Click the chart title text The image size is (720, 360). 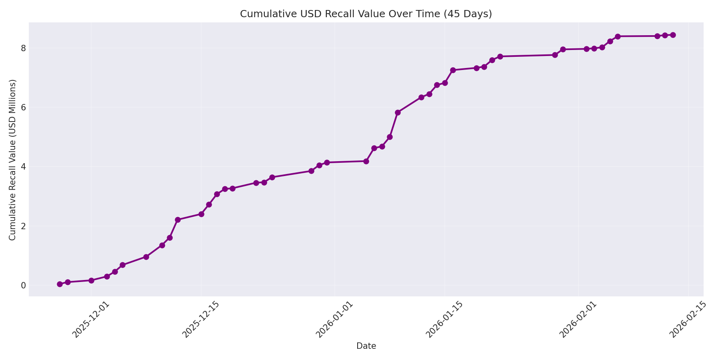click(366, 14)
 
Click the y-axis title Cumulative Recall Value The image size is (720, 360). click(12, 160)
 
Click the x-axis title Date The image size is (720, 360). click(366, 346)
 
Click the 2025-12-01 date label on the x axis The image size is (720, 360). click(90, 320)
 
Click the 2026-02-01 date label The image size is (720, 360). click(577, 320)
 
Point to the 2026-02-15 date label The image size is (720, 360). click(687, 320)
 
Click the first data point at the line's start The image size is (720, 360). click(60, 284)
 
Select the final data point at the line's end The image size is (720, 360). click(673, 35)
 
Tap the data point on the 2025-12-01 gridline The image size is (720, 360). click(91, 280)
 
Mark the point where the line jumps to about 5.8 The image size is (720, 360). click(398, 112)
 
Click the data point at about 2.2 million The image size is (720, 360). click(178, 220)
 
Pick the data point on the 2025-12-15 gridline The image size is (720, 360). click(201, 214)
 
